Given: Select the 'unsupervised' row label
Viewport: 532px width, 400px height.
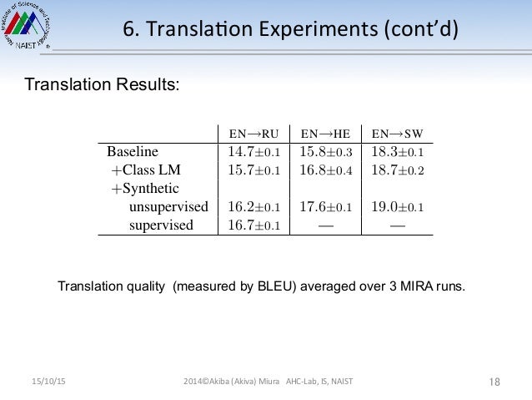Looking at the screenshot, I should (169, 206).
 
